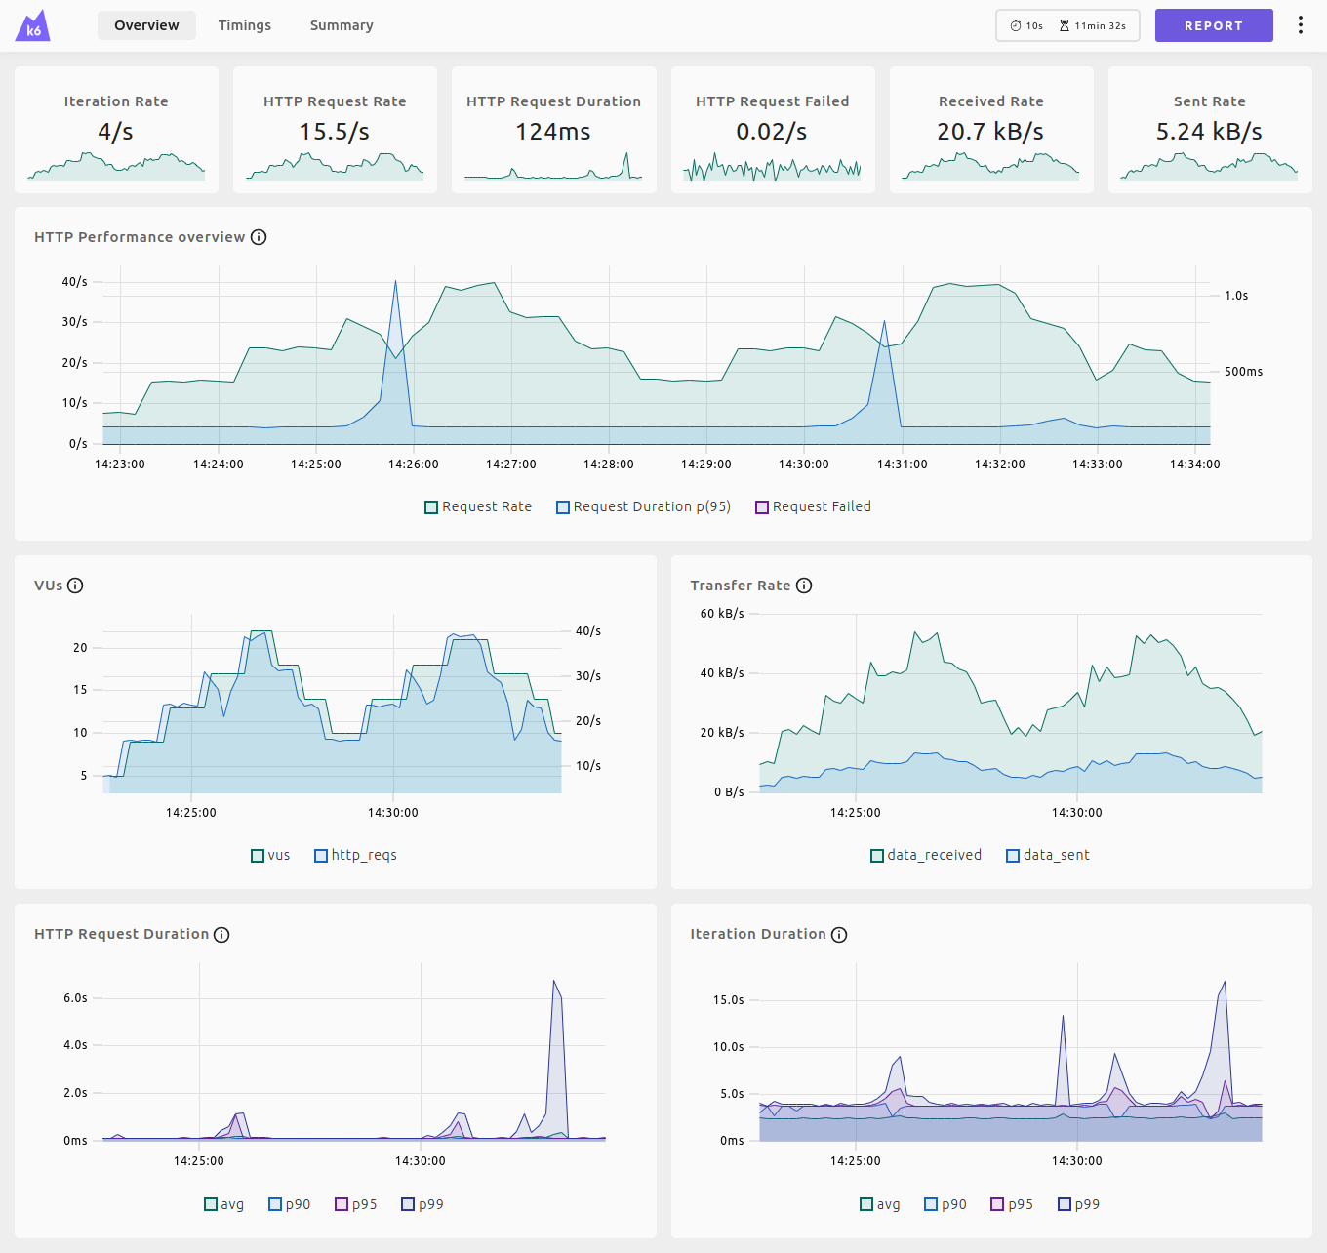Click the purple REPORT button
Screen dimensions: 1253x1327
point(1213,25)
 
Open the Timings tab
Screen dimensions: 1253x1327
point(244,25)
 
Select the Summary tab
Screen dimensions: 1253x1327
point(342,25)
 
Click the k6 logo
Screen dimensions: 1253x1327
point(33,26)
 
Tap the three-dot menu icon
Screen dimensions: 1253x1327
point(1300,25)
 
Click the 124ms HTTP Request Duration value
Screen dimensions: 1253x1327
point(552,132)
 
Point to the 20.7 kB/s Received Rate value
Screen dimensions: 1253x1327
point(990,132)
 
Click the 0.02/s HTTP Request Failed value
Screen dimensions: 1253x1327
point(771,132)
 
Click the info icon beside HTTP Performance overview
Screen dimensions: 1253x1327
point(259,237)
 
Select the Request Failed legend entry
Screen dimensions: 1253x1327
point(813,506)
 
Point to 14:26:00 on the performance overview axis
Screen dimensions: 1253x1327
point(414,465)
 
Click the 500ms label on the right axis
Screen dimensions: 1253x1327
point(1243,372)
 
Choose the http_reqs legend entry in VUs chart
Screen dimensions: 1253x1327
point(355,855)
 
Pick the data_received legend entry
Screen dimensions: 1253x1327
point(926,855)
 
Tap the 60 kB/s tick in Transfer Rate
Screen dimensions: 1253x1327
point(722,614)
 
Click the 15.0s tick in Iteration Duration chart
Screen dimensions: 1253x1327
point(728,1000)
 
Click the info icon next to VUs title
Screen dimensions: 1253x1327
point(75,586)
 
